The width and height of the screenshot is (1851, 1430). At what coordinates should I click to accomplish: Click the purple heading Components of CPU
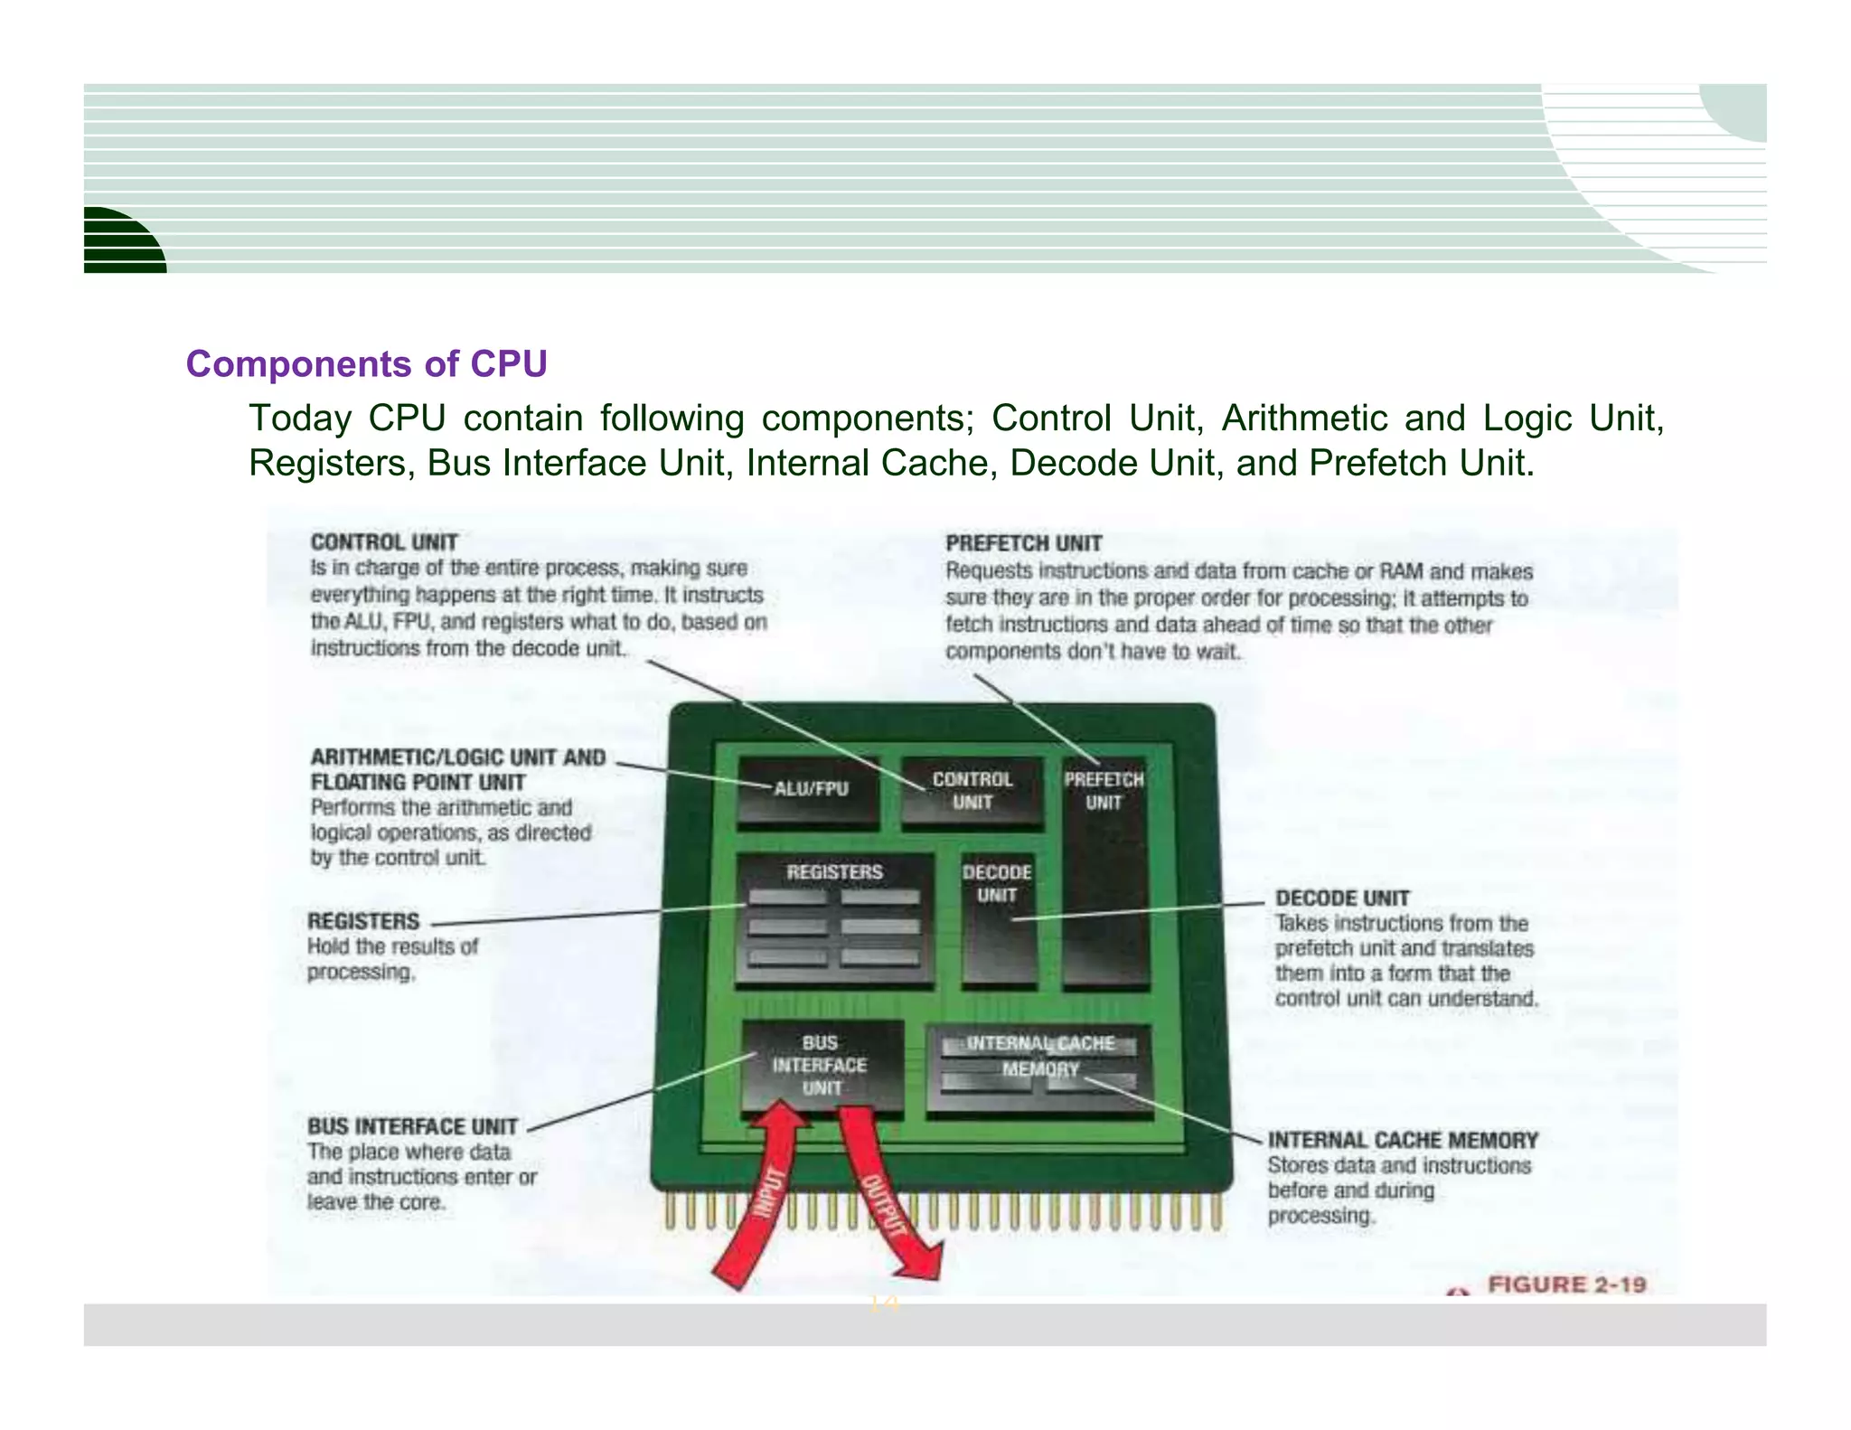[366, 364]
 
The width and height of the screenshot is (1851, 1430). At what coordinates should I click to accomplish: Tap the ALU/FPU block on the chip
[808, 790]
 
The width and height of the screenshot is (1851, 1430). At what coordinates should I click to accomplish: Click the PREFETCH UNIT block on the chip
[1104, 868]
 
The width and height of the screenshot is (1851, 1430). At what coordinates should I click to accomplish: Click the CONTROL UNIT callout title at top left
[384, 542]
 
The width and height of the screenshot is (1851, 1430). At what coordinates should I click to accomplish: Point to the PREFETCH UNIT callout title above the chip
[1023, 543]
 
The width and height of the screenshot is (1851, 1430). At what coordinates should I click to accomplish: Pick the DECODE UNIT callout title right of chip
[1342, 898]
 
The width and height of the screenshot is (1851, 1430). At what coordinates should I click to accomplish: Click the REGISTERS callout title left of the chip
[363, 921]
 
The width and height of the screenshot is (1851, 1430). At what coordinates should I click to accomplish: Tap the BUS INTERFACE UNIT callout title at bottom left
[412, 1126]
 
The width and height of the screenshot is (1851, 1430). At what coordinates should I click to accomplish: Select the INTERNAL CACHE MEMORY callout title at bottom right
[1403, 1140]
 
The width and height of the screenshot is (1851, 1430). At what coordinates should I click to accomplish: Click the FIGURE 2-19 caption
[1566, 1284]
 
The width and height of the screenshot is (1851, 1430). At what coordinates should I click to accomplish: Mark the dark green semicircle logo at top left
[121, 242]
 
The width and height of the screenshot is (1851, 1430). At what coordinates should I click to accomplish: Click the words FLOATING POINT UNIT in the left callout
[418, 782]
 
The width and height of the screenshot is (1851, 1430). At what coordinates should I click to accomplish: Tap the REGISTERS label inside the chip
[834, 872]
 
